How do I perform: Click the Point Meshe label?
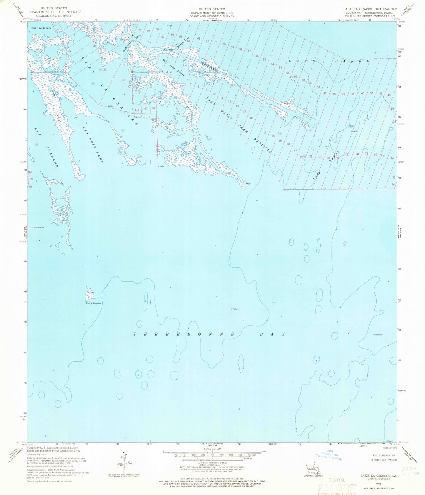pyautogui.click(x=93, y=303)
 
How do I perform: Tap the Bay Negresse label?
pyautogui.click(x=41, y=28)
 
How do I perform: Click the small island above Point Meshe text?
pyautogui.click(x=90, y=293)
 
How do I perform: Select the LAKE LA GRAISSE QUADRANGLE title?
pyautogui.click(x=370, y=9)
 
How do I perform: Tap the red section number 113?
pyautogui.click(x=136, y=110)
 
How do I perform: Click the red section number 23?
pyautogui.click(x=123, y=80)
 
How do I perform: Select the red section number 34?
pyautogui.click(x=393, y=184)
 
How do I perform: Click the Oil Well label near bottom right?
pyautogui.click(x=389, y=441)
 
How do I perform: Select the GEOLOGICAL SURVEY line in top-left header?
pyautogui.click(x=54, y=16)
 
